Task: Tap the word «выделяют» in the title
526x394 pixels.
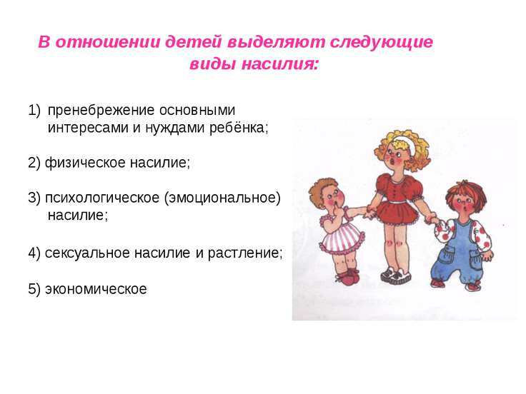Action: [276, 43]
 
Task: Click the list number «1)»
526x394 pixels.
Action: [34, 111]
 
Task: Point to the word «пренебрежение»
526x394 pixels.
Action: [101, 111]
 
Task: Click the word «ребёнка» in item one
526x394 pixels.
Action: [239, 127]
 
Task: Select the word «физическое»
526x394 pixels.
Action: [85, 163]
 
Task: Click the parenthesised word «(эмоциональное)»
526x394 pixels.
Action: [222, 198]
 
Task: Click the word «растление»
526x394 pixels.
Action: [244, 253]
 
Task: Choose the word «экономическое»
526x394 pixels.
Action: [96, 289]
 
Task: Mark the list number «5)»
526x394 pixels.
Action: [34, 289]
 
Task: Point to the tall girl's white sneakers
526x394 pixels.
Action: [396, 276]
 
